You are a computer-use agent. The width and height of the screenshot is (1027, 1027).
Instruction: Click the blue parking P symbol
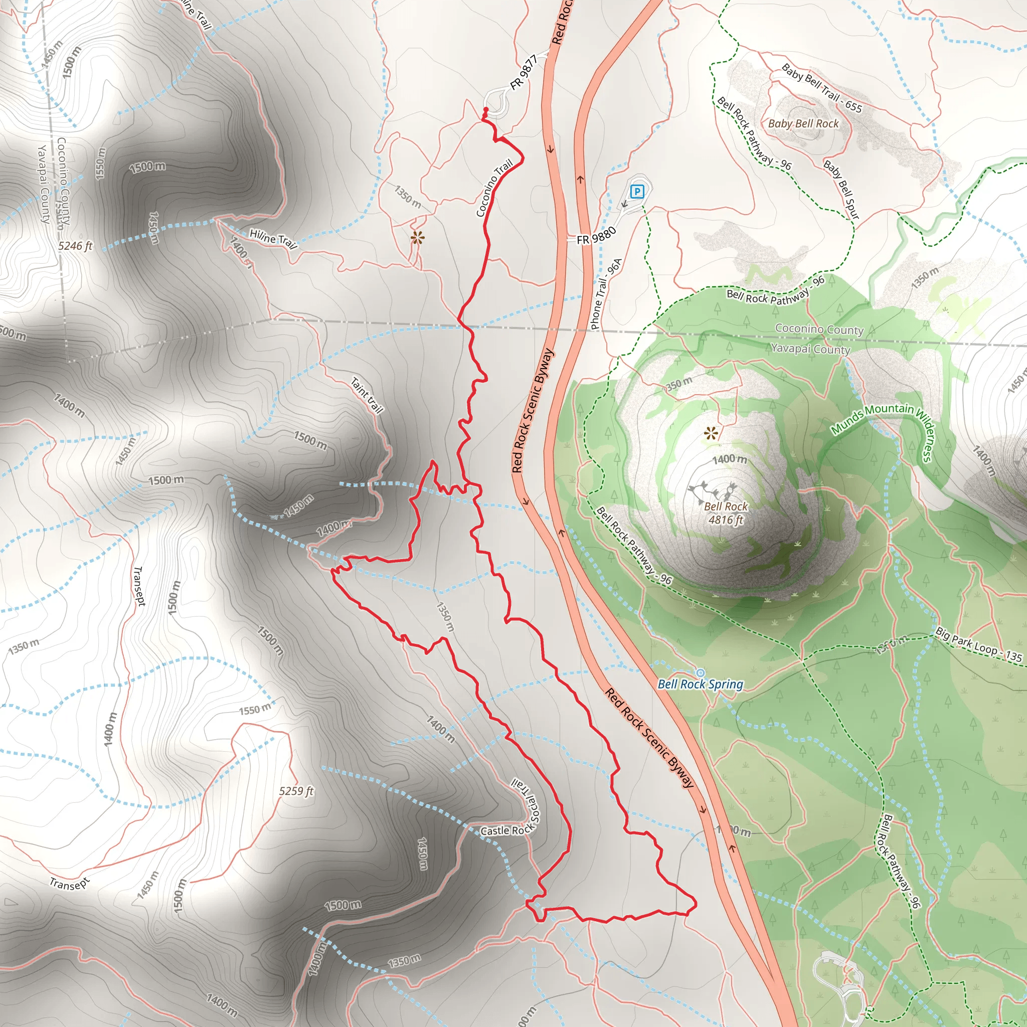[637, 191]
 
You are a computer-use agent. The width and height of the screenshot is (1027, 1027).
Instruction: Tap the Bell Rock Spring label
[700, 684]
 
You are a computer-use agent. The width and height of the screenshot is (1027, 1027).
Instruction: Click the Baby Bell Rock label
[803, 123]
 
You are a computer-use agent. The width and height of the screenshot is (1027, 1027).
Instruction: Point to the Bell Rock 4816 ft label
[726, 513]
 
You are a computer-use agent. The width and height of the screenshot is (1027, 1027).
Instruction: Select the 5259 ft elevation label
[297, 791]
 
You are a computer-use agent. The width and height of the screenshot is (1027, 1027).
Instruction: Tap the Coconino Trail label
[494, 188]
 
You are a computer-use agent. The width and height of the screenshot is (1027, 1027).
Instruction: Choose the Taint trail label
[367, 396]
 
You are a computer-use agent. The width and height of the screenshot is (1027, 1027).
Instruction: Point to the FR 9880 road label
[596, 235]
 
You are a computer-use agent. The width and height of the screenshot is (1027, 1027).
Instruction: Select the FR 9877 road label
[524, 72]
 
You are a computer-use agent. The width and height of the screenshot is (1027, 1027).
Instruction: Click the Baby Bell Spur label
[841, 189]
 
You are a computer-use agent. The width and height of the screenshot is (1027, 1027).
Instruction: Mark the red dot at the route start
[485, 109]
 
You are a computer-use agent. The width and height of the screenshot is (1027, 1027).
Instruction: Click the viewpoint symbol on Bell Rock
[711, 433]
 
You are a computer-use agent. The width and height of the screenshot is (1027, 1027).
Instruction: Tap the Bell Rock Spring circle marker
[700, 673]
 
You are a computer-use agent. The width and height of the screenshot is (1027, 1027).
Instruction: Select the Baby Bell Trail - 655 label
[821, 87]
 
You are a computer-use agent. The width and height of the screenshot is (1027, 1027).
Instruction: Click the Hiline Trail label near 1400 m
[273, 239]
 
